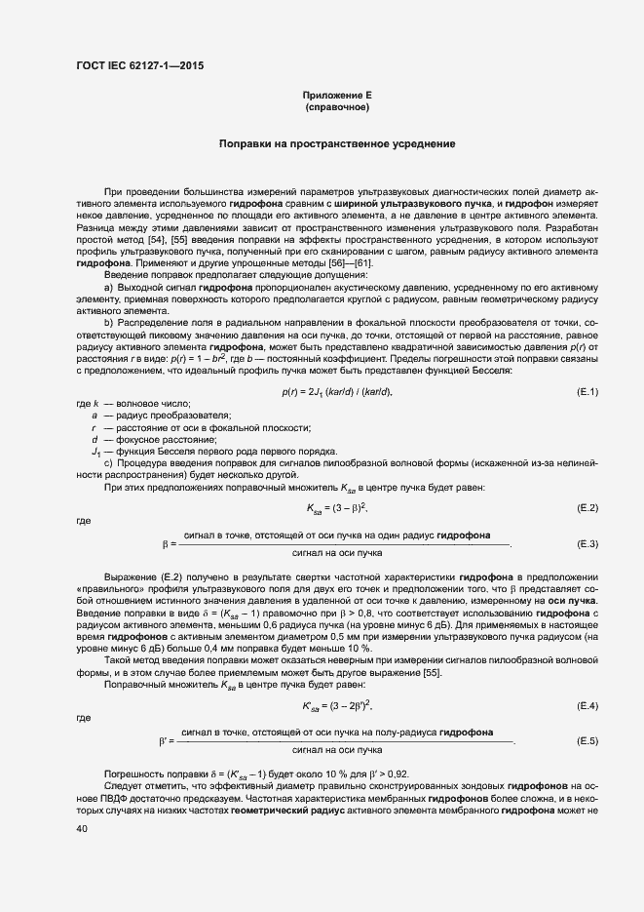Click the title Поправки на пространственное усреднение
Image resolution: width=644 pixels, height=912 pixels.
pyautogui.click(x=337, y=144)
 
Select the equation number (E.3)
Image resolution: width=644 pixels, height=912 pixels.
pyautogui.click(x=587, y=543)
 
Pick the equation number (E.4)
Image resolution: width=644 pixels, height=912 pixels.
pyautogui.click(x=587, y=705)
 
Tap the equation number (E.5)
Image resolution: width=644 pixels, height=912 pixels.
pyautogui.click(x=587, y=741)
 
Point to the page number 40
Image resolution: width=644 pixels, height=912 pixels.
pyautogui.click(x=81, y=828)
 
